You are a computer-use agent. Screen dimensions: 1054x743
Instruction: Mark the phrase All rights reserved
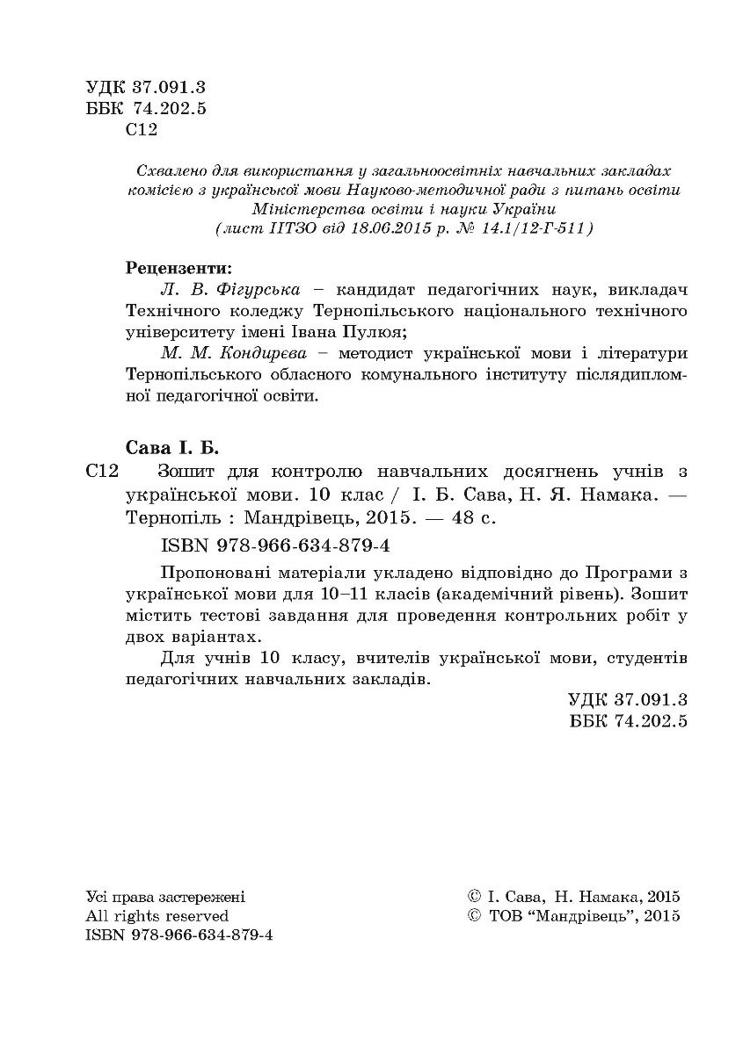(x=157, y=915)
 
